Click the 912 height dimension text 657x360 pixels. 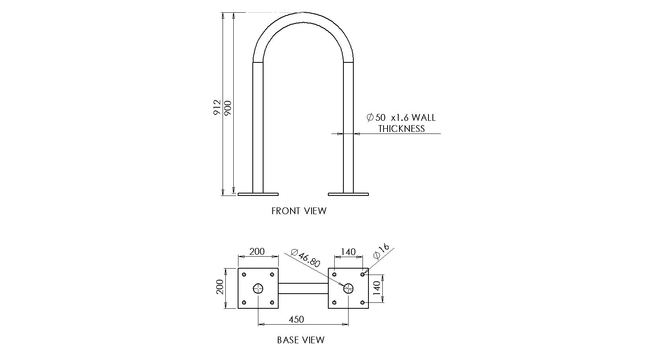217,107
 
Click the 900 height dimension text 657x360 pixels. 228,108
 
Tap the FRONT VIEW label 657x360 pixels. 298,211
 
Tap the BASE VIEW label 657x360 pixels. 300,340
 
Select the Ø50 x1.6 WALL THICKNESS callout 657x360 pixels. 401,123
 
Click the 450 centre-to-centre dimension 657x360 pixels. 297,319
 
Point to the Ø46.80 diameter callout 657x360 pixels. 305,258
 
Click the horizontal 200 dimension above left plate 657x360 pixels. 257,252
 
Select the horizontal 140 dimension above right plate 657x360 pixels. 348,252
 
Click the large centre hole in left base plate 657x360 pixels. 258,288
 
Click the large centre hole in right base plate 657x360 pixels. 349,288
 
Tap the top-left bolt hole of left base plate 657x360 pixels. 244,274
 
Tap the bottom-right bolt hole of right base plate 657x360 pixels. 362,302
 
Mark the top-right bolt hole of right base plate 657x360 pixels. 362,274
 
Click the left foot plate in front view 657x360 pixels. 258,194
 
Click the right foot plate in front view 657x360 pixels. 348,194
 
